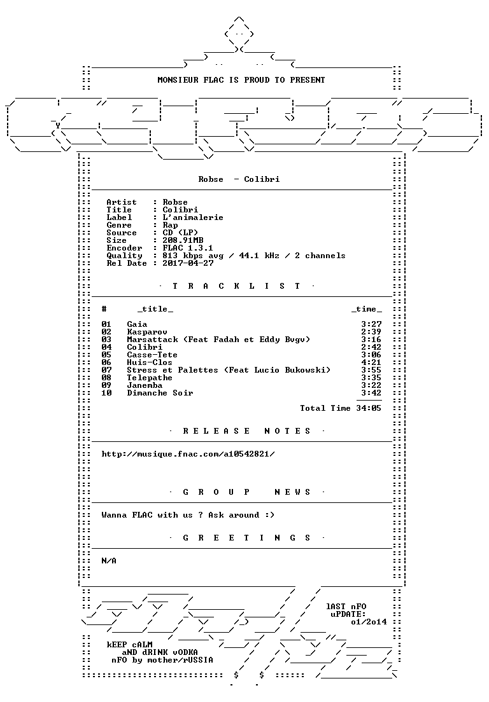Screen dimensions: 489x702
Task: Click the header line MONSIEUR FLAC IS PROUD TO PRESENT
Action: pyautogui.click(x=241, y=80)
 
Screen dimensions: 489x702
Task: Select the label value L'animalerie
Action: pyautogui.click(x=193, y=217)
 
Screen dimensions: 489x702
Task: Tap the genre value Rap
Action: pyautogui.click(x=170, y=225)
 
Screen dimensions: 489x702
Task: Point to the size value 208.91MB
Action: pyautogui.click(x=183, y=240)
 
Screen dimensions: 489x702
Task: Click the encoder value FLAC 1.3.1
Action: pyautogui.click(x=188, y=248)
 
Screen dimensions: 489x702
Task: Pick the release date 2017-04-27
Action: pyautogui.click(x=188, y=263)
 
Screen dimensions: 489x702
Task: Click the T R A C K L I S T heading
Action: pyautogui.click(x=237, y=286)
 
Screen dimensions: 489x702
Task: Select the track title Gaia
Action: pyautogui.click(x=137, y=324)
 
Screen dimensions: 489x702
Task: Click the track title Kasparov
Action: pyautogui.click(x=147, y=332)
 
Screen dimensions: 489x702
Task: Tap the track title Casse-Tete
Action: pyautogui.click(x=152, y=355)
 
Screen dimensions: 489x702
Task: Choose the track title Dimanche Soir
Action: pyautogui.click(x=160, y=393)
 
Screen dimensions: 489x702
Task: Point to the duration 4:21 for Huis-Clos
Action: pyautogui.click(x=371, y=362)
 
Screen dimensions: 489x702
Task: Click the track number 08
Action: pyautogui.click(x=106, y=378)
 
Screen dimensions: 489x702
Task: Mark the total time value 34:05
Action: pyautogui.click(x=369, y=408)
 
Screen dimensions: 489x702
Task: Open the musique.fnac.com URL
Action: pyautogui.click(x=188, y=454)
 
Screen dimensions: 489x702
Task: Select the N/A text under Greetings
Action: pyautogui.click(x=109, y=561)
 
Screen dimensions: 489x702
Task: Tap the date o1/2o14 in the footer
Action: pyautogui.click(x=369, y=622)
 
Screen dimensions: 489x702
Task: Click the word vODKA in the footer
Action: pyautogui.click(x=185, y=652)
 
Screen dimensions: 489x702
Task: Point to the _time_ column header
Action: pyautogui.click(x=367, y=310)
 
